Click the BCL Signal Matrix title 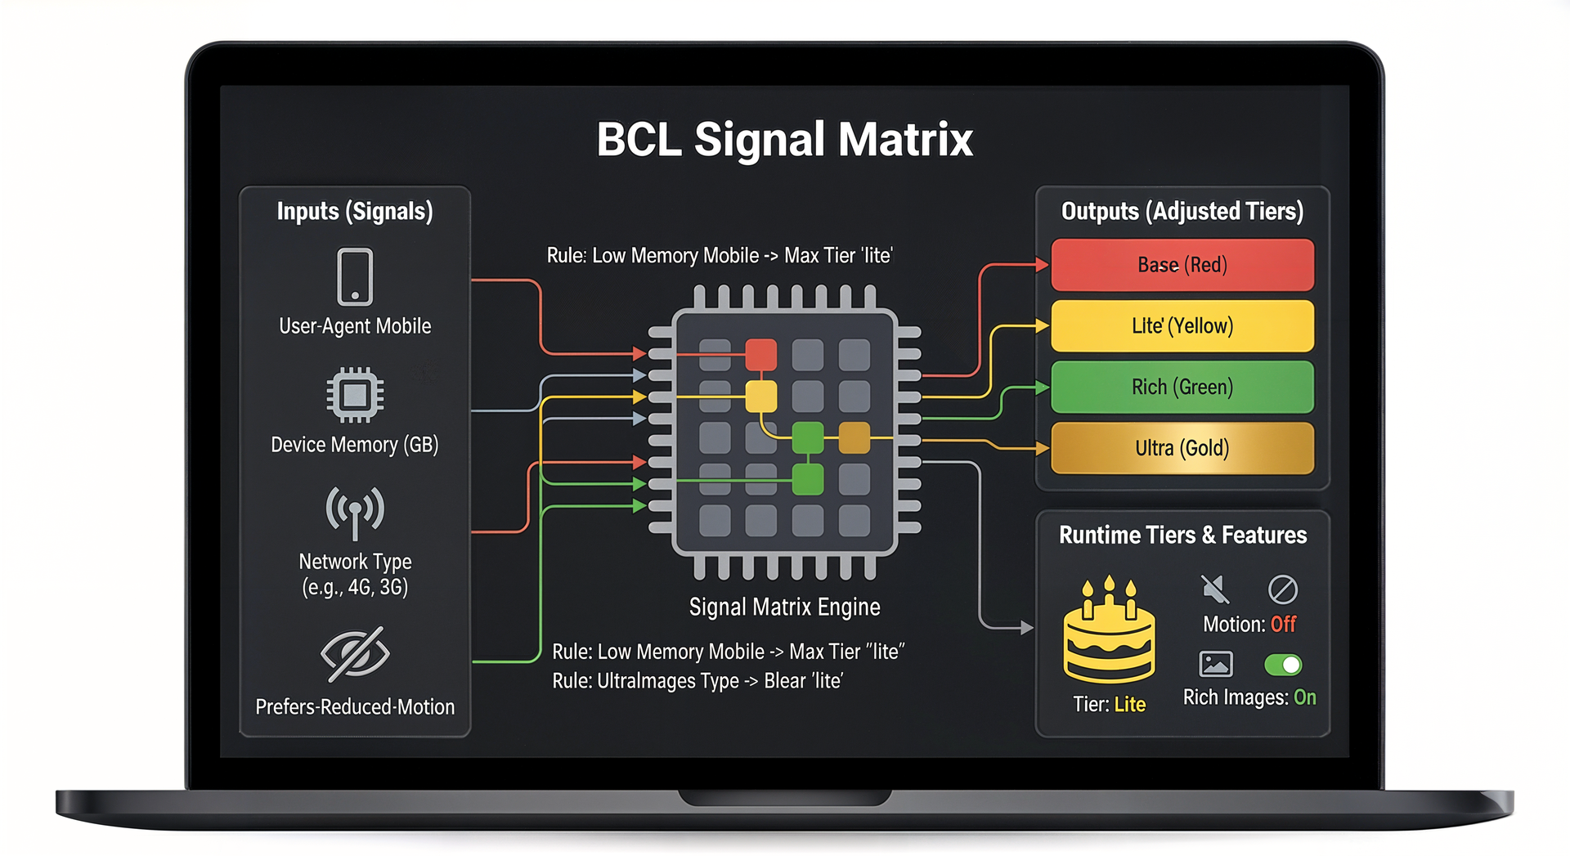[784, 139]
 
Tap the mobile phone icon [355, 277]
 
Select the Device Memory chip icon [355, 395]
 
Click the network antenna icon [355, 512]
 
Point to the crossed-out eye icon [355, 653]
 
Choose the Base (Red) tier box [1182, 265]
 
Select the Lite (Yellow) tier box [1182, 325]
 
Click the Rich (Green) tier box [1182, 387]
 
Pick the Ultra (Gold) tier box [1182, 448]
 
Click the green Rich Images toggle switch [1282, 665]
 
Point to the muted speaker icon [1215, 589]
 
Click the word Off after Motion [1283, 625]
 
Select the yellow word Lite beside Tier [1129, 705]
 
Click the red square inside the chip [760, 355]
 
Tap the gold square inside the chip [855, 437]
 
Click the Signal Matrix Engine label [784, 607]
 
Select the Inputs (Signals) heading [355, 211]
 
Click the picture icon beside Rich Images [1215, 664]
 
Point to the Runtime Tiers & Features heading [1182, 535]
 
